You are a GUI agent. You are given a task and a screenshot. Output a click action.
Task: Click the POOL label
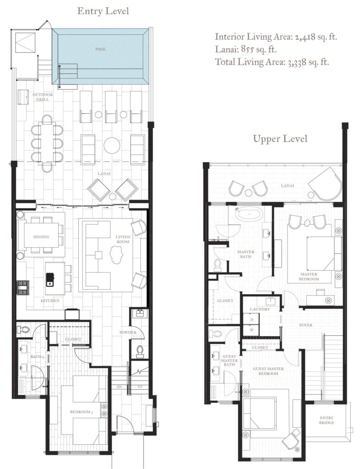coord(101,49)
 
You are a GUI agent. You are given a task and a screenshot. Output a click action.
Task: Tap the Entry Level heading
coord(103,11)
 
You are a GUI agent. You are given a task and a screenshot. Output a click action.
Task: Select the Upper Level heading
coord(280,139)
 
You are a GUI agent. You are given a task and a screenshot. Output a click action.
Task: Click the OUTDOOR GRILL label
coord(43,97)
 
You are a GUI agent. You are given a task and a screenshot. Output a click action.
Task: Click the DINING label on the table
coord(41,237)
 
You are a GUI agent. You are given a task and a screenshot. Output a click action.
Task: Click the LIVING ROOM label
coord(123,239)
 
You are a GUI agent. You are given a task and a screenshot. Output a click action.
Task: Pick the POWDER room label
coord(128,333)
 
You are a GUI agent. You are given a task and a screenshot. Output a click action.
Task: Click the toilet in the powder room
coord(140,351)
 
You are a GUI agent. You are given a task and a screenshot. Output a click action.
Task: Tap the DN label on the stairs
coord(119,387)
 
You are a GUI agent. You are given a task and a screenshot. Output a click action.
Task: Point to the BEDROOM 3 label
coord(82,412)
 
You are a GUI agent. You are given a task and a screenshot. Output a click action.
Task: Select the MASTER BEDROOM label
coord(309,276)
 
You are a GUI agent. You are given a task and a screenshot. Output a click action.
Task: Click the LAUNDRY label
coord(260,309)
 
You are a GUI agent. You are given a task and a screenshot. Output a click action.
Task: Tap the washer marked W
coord(252,330)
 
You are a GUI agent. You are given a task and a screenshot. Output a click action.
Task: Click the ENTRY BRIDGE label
coord(327,420)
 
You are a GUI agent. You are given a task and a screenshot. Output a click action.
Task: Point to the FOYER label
coord(305,325)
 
